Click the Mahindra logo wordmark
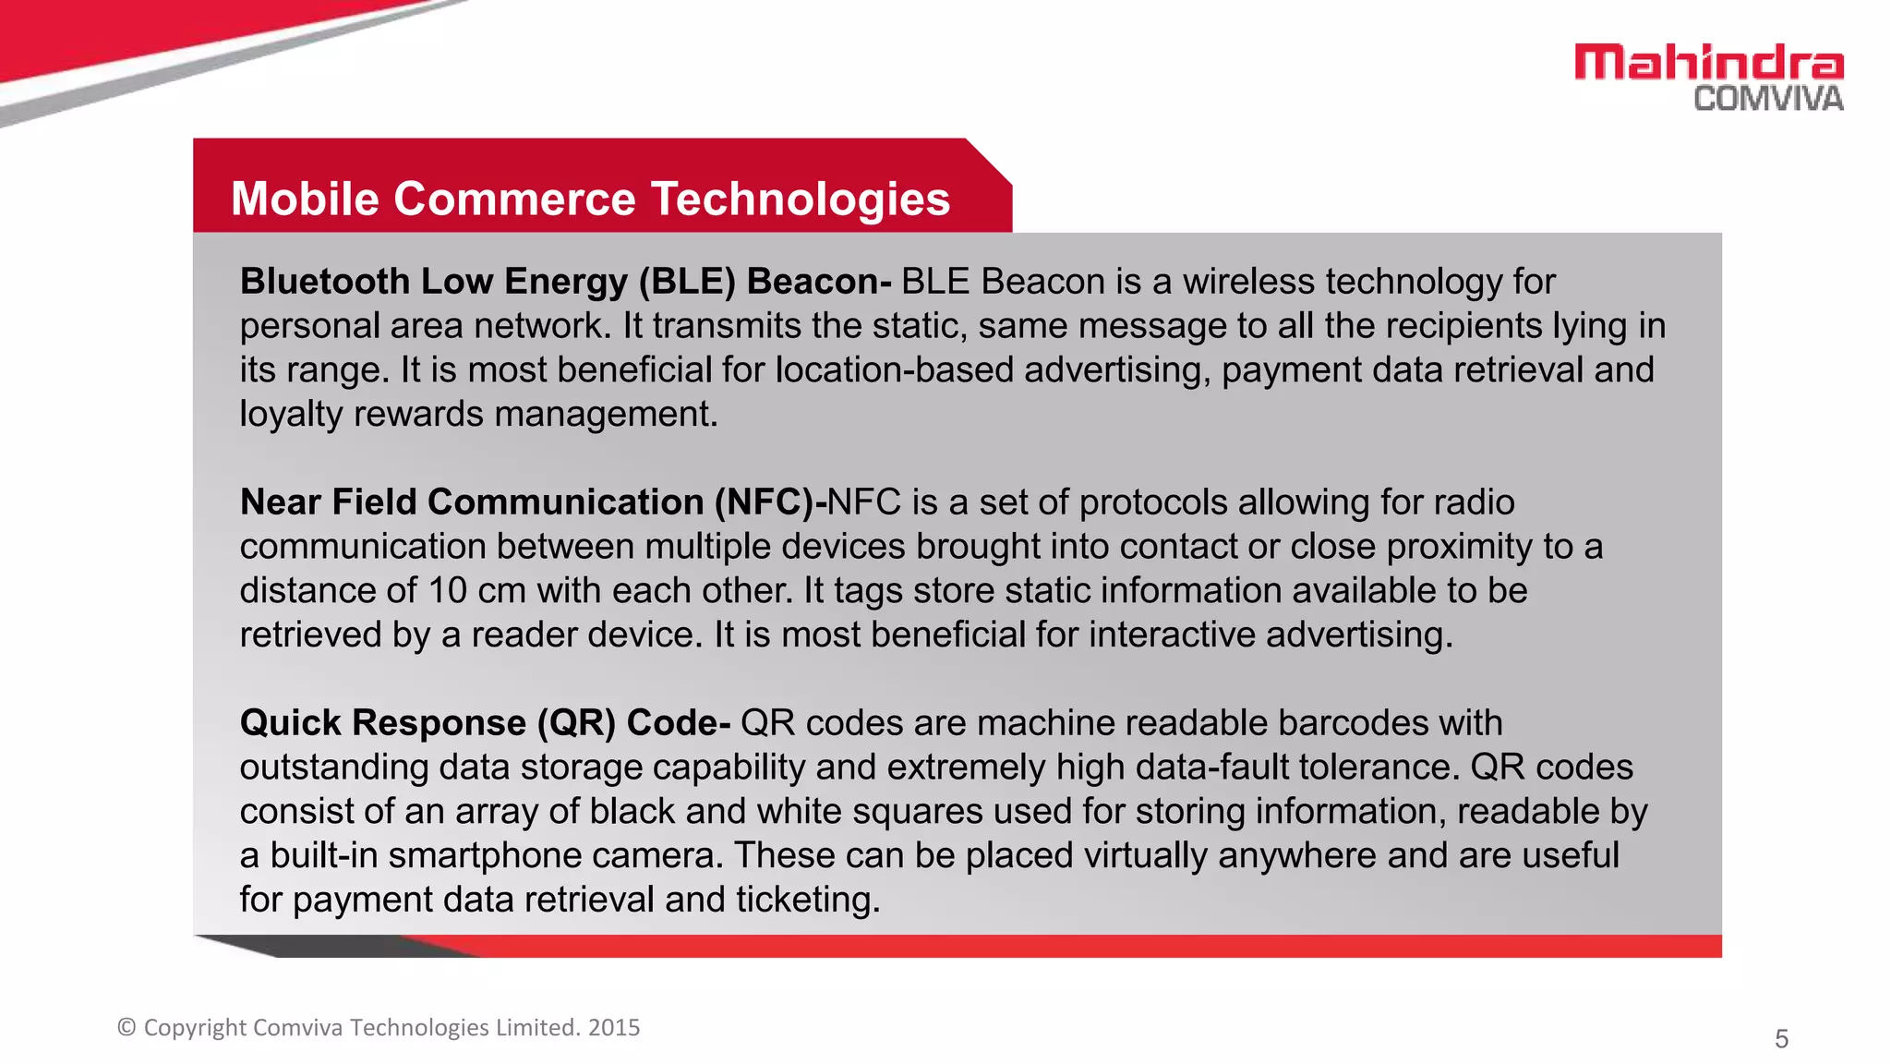point(1709,63)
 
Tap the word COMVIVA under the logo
point(1768,99)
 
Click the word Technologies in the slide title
point(800,199)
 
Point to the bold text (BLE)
point(687,282)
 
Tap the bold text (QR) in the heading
point(576,723)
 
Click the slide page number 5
point(1781,1039)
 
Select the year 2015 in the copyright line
point(614,1028)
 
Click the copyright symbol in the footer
point(126,1028)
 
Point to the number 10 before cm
point(448,591)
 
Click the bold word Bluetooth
point(324,282)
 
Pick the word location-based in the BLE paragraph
point(894,370)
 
